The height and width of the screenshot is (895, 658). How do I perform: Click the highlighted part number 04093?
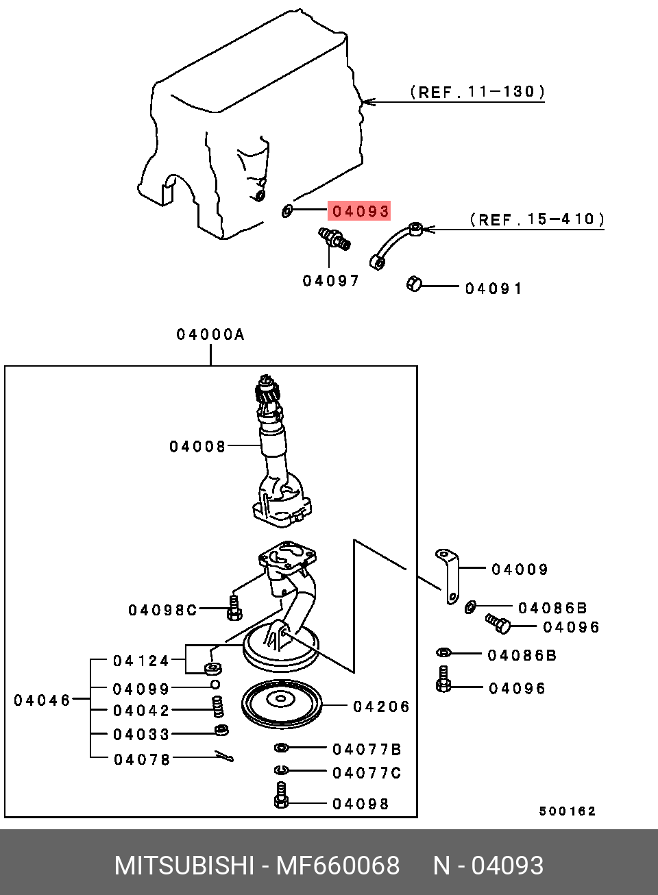[361, 211]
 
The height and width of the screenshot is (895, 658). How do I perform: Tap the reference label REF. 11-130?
[477, 92]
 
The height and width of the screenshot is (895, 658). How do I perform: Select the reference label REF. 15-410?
[537, 219]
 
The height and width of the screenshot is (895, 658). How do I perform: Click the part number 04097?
[331, 281]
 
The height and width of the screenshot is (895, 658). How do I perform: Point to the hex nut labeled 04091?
[414, 284]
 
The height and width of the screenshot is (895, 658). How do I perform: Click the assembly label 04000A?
[210, 334]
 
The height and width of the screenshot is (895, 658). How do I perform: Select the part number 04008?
[197, 447]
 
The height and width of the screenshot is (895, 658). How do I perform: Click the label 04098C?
[162, 610]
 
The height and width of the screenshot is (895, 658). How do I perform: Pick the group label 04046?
[42, 700]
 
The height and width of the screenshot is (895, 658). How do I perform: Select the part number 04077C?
[367, 773]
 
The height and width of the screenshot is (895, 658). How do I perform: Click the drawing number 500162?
[568, 811]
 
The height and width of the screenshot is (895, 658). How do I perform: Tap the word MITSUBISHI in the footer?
[184, 866]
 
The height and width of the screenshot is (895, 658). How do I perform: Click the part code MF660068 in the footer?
[337, 866]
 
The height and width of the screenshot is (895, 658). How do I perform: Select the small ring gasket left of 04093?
[287, 210]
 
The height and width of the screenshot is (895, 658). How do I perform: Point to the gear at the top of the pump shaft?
[265, 393]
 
